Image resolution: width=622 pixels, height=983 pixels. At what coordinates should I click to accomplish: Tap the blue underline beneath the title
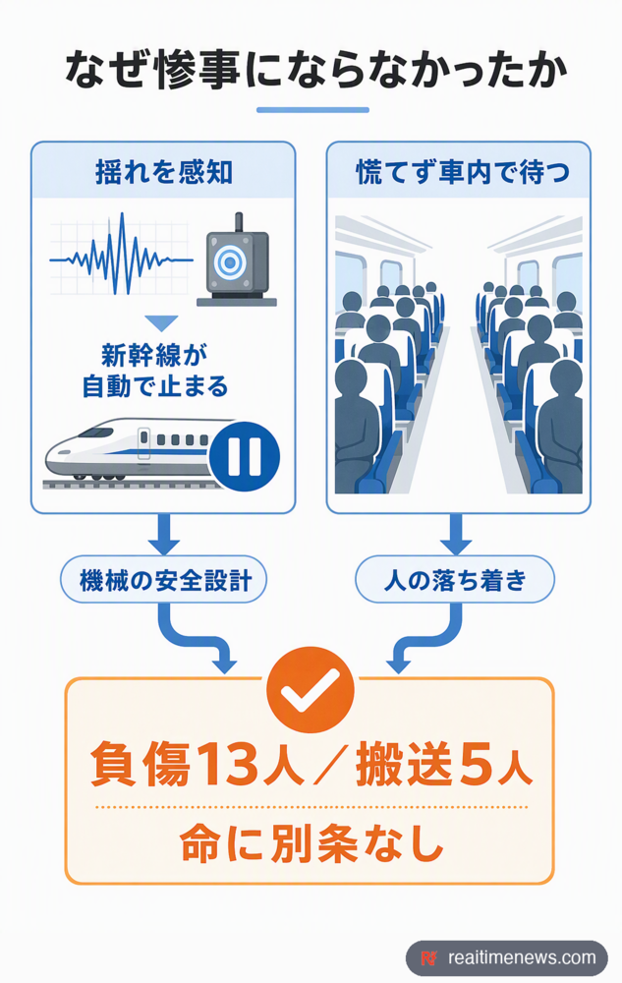[x=312, y=110]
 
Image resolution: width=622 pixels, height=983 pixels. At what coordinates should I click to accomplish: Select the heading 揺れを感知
[x=163, y=172]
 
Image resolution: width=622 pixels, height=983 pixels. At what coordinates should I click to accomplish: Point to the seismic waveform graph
[x=122, y=254]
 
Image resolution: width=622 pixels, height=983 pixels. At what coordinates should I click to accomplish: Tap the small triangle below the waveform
[x=161, y=322]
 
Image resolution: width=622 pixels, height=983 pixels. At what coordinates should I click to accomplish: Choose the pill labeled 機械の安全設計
[x=163, y=580]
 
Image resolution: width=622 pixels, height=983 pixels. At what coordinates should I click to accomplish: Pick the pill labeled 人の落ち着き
[x=455, y=580]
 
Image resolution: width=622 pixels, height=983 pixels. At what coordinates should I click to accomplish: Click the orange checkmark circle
[x=311, y=690]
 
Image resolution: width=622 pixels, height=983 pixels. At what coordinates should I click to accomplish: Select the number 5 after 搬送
[x=477, y=765]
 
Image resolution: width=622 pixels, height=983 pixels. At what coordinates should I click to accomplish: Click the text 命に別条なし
[x=311, y=843]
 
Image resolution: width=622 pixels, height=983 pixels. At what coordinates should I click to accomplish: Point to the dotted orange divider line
[x=311, y=807]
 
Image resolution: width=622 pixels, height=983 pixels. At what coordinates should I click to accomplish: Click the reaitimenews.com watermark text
[x=522, y=957]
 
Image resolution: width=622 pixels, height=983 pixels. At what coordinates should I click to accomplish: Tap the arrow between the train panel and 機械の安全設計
[x=163, y=535]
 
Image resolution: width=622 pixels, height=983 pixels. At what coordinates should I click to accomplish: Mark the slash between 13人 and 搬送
[x=330, y=765]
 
